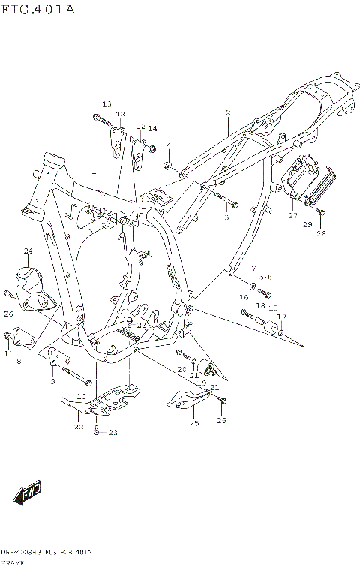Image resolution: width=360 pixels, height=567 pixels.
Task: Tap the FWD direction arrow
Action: pyautogui.click(x=25, y=494)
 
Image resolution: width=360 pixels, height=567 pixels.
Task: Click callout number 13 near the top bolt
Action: pyautogui.click(x=106, y=103)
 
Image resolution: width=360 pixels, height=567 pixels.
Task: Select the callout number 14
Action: pyautogui.click(x=152, y=129)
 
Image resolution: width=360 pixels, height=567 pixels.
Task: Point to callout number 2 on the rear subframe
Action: pyautogui.click(x=227, y=113)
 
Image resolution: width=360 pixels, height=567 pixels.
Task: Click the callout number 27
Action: pyautogui.click(x=292, y=215)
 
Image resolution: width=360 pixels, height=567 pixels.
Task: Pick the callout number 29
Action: pyautogui.click(x=307, y=224)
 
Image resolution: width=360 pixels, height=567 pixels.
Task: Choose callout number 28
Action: pyautogui.click(x=321, y=233)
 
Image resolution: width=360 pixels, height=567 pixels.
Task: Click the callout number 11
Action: pyautogui.click(x=8, y=353)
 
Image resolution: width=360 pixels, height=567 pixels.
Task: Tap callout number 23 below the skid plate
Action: pyautogui.click(x=113, y=432)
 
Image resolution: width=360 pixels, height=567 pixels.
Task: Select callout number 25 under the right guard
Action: pyautogui.click(x=193, y=424)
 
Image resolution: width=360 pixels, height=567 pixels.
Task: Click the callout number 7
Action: pyautogui.click(x=253, y=268)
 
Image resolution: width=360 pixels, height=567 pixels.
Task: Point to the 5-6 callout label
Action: pyautogui.click(x=266, y=277)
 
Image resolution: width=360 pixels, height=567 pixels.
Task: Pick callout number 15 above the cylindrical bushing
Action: pyautogui.click(x=273, y=307)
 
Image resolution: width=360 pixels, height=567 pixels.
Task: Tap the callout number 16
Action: pyautogui.click(x=244, y=298)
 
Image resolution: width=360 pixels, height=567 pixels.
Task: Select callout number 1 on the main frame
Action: pyautogui.click(x=94, y=172)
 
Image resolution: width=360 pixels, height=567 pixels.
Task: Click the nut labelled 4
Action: pyautogui.click(x=169, y=165)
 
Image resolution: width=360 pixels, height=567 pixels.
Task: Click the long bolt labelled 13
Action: pyautogui.click(x=100, y=117)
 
